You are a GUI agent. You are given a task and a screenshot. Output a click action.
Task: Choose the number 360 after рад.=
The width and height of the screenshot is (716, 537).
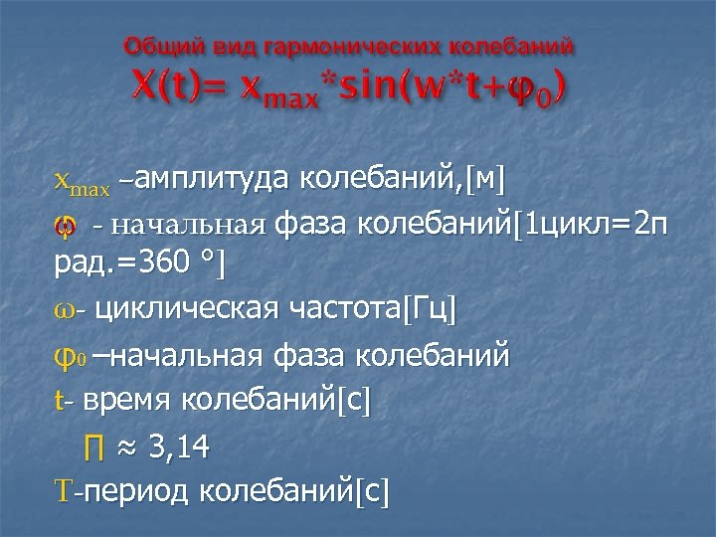pyautogui.click(x=167, y=266)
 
